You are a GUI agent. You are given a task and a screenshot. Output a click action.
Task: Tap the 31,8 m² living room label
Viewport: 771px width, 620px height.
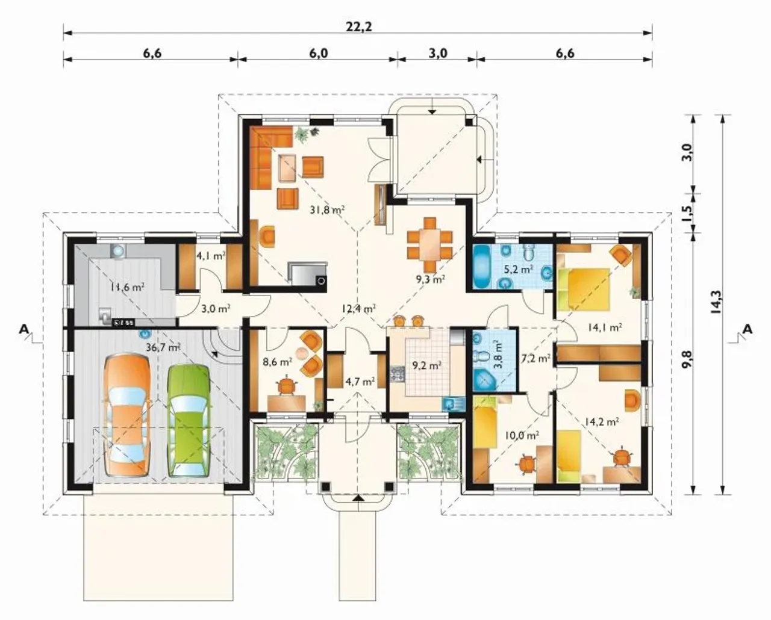click(328, 209)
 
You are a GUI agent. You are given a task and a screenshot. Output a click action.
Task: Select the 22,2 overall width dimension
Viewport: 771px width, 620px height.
click(358, 26)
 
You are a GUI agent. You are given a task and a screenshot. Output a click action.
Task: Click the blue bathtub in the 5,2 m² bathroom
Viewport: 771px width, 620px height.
click(481, 267)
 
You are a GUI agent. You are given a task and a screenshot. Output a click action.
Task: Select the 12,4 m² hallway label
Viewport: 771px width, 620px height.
click(358, 308)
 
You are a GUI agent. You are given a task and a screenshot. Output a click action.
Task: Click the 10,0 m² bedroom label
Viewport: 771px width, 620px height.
click(522, 435)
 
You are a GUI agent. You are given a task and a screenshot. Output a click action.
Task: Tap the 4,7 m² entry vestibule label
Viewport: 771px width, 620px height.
click(360, 382)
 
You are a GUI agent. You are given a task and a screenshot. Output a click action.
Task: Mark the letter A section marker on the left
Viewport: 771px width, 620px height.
click(24, 329)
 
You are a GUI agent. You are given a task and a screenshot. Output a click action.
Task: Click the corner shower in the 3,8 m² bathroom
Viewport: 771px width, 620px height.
click(485, 380)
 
